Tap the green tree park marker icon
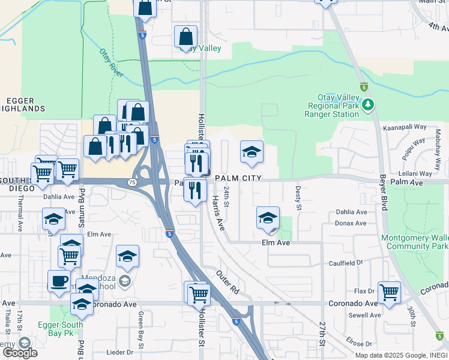[368, 106]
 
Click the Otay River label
[112, 64]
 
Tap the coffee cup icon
[59, 281]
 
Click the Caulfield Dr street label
[346, 263]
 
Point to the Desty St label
[298, 197]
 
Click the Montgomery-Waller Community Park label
[415, 242]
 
